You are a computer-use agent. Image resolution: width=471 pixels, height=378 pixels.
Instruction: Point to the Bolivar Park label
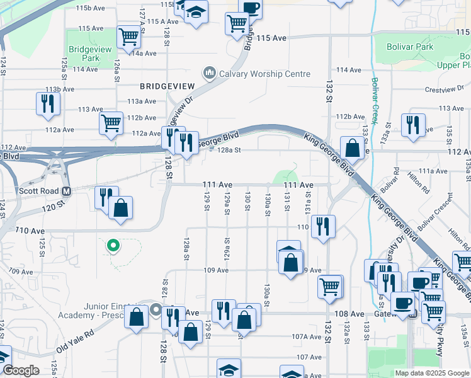coord(411,47)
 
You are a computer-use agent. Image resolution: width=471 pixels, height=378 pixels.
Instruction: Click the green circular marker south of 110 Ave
coord(113,245)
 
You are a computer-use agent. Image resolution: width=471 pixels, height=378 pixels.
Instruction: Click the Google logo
coord(21,371)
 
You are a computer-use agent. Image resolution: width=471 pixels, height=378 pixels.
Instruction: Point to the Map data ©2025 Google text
coord(431,373)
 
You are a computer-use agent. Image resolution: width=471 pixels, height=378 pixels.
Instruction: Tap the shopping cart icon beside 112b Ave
coord(111,123)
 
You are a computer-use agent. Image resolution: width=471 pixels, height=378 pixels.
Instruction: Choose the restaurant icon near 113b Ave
coord(48,103)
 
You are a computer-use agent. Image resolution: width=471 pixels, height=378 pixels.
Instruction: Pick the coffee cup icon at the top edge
coord(251,8)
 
